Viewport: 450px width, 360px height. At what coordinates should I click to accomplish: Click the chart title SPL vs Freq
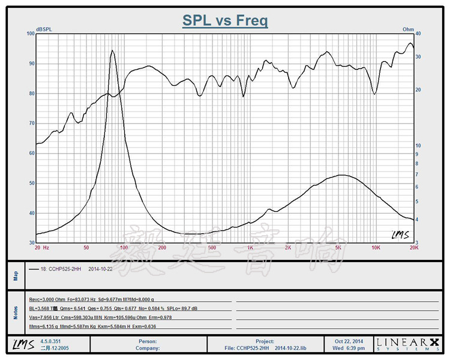225,21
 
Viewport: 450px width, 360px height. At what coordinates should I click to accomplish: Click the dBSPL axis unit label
44,29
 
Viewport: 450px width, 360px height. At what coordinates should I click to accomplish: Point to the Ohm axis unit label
408,29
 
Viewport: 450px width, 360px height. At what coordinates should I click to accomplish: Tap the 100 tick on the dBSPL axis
31,34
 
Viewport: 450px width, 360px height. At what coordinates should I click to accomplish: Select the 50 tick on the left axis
32,183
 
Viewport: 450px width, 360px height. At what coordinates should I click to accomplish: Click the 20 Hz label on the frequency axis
42,247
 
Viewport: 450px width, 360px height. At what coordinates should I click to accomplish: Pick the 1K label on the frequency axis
250,247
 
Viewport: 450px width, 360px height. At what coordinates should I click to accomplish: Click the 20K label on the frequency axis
413,247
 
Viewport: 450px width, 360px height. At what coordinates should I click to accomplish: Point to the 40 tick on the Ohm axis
419,34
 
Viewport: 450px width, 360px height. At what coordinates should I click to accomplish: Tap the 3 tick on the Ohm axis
418,242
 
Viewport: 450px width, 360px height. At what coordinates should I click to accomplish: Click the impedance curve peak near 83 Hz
112,51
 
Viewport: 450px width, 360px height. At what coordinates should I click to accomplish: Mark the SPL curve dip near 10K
376,94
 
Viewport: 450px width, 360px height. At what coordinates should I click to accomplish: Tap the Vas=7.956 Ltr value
45,317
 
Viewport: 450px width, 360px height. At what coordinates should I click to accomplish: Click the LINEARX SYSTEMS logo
407,343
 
